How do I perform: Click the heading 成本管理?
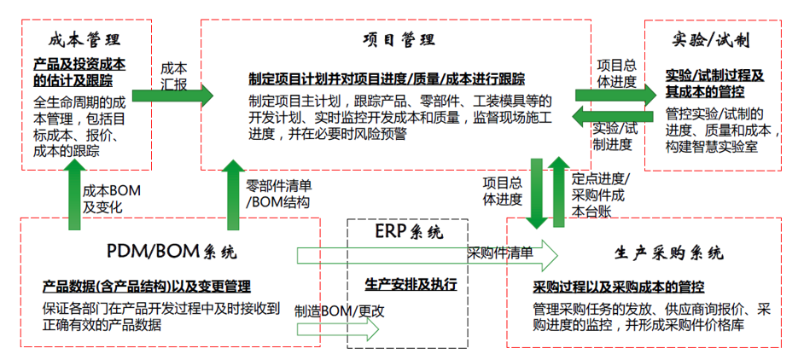(x=81, y=40)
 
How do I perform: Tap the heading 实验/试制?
(x=712, y=40)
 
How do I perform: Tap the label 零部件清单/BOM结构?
(x=277, y=194)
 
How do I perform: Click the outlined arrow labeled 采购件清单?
(x=427, y=253)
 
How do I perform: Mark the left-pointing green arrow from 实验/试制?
(x=613, y=114)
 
